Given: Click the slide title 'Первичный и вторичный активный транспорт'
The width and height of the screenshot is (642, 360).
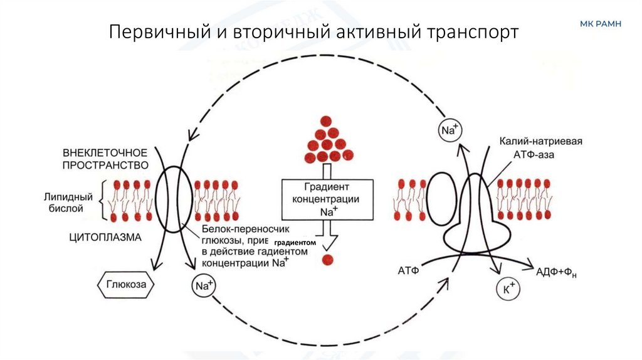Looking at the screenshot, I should click(x=313, y=32).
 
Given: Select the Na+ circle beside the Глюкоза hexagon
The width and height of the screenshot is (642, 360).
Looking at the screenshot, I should click(x=201, y=286).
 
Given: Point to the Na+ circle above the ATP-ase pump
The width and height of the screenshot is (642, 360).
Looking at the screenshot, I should click(x=448, y=131).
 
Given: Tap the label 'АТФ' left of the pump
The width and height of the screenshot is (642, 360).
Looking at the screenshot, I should click(x=408, y=270).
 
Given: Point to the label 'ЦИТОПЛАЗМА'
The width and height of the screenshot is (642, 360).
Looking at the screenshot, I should click(x=105, y=237).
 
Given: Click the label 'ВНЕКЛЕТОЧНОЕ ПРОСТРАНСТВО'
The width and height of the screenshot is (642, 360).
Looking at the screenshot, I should click(x=105, y=159).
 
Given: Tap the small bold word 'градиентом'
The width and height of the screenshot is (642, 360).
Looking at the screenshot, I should click(x=293, y=242).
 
